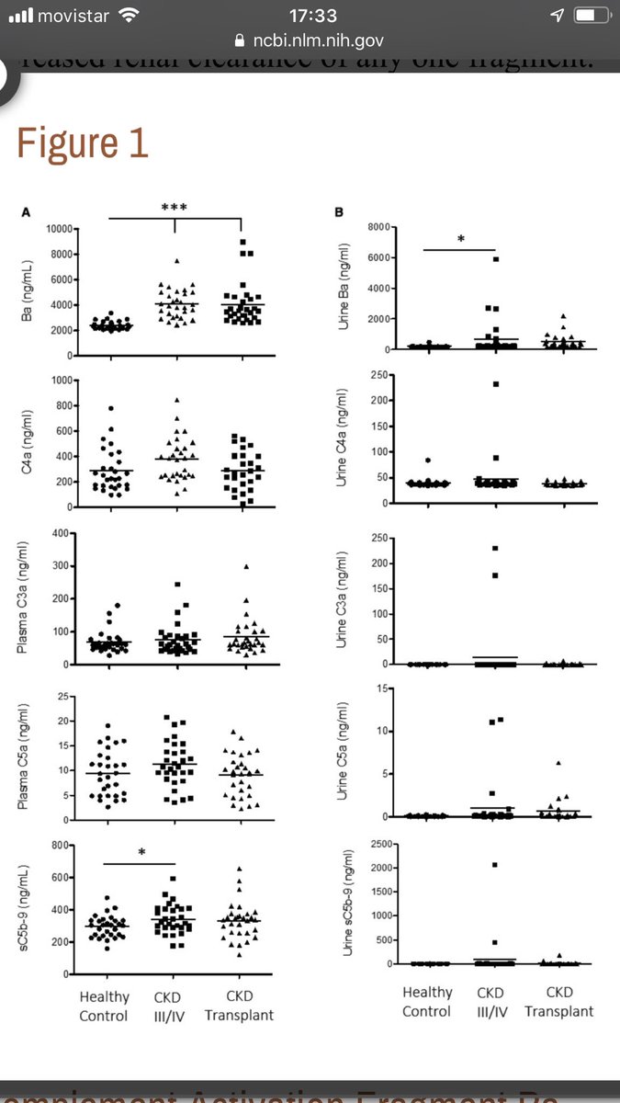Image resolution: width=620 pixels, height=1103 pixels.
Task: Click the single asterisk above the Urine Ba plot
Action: click(460, 240)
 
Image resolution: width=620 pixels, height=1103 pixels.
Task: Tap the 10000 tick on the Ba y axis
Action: click(62, 228)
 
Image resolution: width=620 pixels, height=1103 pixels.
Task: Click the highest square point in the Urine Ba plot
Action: click(495, 259)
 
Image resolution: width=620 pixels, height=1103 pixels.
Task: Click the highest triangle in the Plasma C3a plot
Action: click(246, 566)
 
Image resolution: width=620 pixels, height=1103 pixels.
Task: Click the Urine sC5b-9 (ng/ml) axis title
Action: click(347, 905)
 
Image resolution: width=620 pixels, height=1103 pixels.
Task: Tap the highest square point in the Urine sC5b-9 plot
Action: click(495, 865)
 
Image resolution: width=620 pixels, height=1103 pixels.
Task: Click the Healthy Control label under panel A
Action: click(105, 1006)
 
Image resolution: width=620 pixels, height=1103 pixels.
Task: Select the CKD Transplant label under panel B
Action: click(559, 1002)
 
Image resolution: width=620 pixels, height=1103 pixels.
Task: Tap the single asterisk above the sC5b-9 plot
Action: click(141, 852)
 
